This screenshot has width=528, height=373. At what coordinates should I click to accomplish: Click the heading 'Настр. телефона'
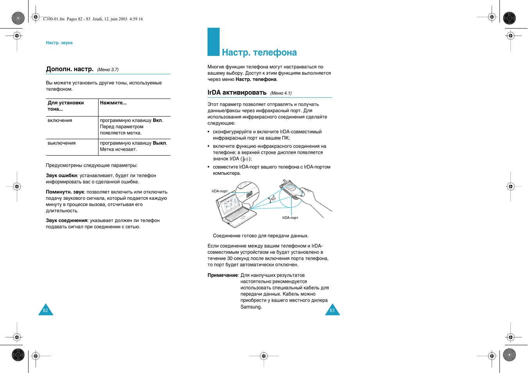pos(259,52)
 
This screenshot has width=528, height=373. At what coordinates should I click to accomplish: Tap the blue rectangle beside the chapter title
pos(213,42)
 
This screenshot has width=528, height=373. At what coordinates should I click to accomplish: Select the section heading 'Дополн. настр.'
pos(70,69)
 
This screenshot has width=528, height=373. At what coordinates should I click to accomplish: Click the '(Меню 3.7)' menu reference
pos(108,70)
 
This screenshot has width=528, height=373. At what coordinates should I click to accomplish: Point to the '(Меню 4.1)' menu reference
pos(281,93)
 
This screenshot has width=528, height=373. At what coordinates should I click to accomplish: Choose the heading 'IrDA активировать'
pos(237,93)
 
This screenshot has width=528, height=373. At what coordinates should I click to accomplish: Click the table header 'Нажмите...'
pos(113,103)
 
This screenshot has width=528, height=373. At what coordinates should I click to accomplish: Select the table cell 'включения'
pos(60,121)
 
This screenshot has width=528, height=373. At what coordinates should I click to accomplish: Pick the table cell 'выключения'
pos(61,143)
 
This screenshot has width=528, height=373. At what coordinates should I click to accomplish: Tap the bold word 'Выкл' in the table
pos(159,143)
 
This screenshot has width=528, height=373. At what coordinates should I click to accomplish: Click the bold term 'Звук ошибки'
pos(61,176)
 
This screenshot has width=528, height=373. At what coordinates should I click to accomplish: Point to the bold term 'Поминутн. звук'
pos(65,192)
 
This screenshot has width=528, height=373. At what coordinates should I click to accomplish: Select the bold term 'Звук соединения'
pos(66,221)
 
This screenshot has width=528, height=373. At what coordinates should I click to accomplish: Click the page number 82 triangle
pos(45,310)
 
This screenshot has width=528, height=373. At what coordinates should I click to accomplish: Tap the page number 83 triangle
pos(332,310)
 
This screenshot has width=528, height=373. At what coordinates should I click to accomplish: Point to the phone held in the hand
pos(290,190)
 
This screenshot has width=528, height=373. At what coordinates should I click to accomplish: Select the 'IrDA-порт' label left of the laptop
pos(220,191)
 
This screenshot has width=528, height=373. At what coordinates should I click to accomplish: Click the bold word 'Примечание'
pos(223,276)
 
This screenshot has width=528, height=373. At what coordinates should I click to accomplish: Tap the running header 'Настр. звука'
pos(59,43)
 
